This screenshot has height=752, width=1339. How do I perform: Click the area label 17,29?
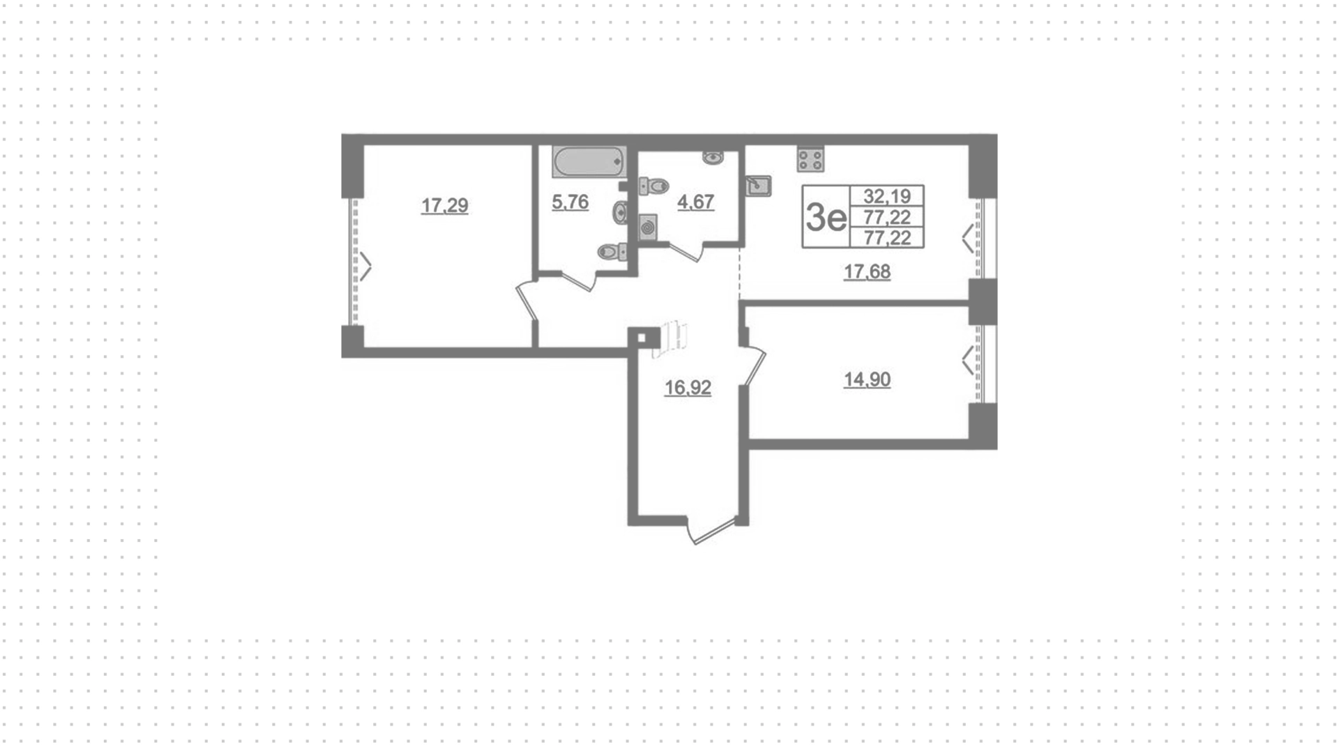(x=444, y=206)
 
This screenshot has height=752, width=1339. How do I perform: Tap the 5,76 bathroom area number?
(x=570, y=202)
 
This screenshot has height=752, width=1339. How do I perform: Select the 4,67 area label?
(x=695, y=202)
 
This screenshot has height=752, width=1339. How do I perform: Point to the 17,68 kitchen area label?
(x=867, y=271)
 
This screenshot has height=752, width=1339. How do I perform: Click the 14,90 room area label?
(x=867, y=379)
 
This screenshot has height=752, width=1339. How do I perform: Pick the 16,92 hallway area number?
(x=688, y=387)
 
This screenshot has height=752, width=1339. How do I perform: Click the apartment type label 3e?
(x=826, y=218)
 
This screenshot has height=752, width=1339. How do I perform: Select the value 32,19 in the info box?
(x=887, y=196)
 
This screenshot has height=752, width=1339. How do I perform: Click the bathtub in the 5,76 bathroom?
(x=589, y=161)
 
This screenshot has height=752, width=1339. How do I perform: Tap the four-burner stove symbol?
(x=810, y=159)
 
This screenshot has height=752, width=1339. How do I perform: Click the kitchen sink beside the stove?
(x=759, y=186)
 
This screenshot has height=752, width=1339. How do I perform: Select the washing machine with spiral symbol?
(x=648, y=227)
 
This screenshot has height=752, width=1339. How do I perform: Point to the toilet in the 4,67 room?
(x=653, y=186)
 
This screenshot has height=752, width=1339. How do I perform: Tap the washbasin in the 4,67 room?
(x=713, y=157)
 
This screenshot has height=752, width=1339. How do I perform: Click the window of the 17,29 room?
(x=354, y=262)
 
